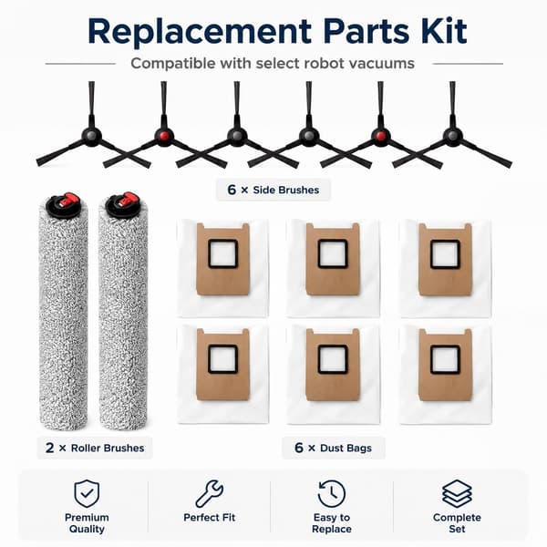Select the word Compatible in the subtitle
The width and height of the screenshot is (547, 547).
coord(172,64)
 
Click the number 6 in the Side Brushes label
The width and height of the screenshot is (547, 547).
coord(232,190)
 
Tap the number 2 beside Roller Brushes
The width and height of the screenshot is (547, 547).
coord(49,448)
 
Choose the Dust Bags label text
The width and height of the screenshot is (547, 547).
coord(346,448)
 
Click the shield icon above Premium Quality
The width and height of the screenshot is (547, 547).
coord(87,493)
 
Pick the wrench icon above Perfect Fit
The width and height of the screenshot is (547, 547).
coord(210,493)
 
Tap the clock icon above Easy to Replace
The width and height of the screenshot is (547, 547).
coord(332,493)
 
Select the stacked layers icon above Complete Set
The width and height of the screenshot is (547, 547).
coord(457,493)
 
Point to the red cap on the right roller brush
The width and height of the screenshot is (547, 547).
coord(127,199)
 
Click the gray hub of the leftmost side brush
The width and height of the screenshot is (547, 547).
coord(91,135)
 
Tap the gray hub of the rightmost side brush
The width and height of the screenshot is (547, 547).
coord(453,135)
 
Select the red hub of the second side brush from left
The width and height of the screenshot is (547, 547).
coord(164,135)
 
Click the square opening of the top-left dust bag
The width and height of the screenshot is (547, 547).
coord(223,253)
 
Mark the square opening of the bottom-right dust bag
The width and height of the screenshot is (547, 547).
coord(445,359)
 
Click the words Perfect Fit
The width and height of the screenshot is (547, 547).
coord(210,517)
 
